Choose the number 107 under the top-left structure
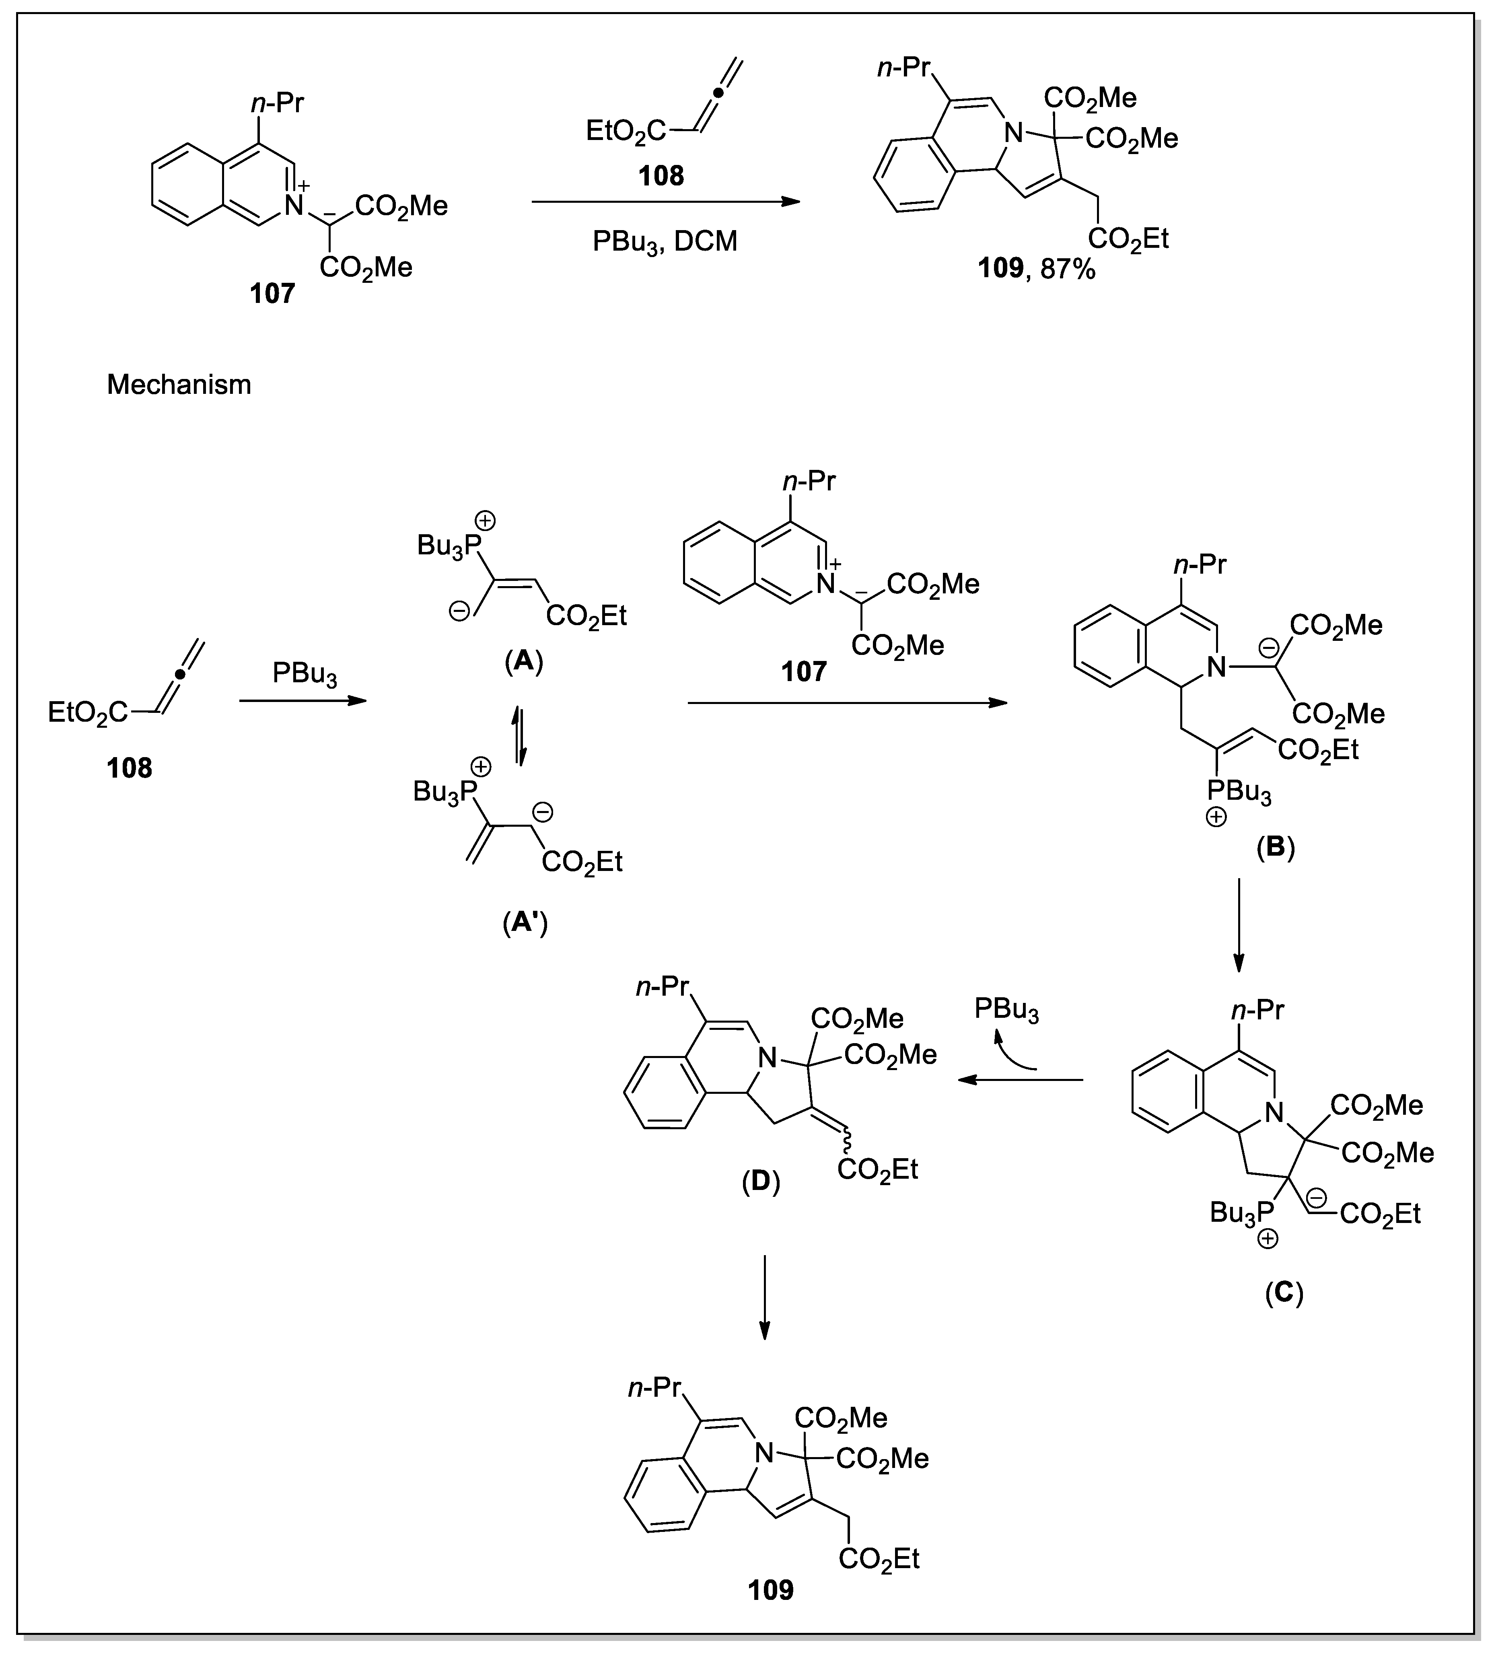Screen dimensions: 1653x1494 pos(272,294)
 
